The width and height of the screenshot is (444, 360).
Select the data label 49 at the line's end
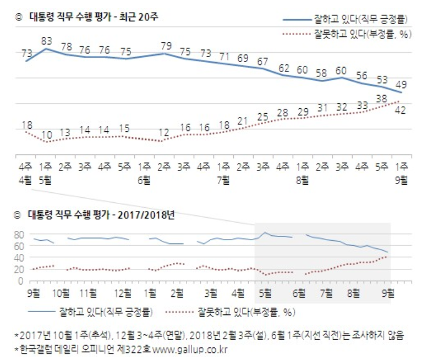pos(402,85)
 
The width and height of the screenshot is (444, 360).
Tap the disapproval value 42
pos(402,110)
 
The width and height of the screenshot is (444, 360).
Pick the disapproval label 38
pos(381,99)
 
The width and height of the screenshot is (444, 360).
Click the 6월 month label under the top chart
pos(144,179)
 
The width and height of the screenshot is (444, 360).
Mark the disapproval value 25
pos(262,117)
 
